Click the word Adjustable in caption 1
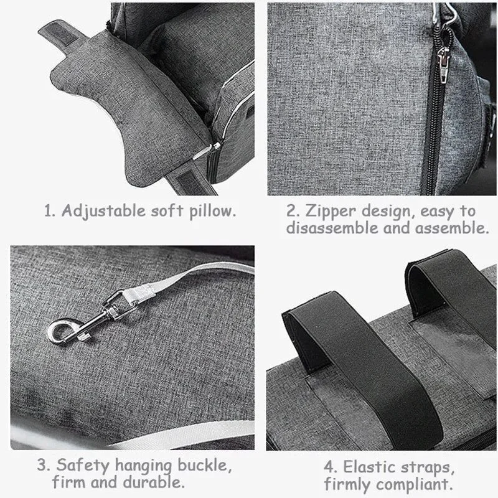[x=103, y=211]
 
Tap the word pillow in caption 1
[x=213, y=211]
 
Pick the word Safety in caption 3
[x=83, y=466]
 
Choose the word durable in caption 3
[x=154, y=482]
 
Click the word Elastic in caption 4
[x=369, y=467]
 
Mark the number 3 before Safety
[x=43, y=466]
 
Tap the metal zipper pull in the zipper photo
[x=443, y=65]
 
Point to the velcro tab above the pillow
[x=61, y=32]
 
